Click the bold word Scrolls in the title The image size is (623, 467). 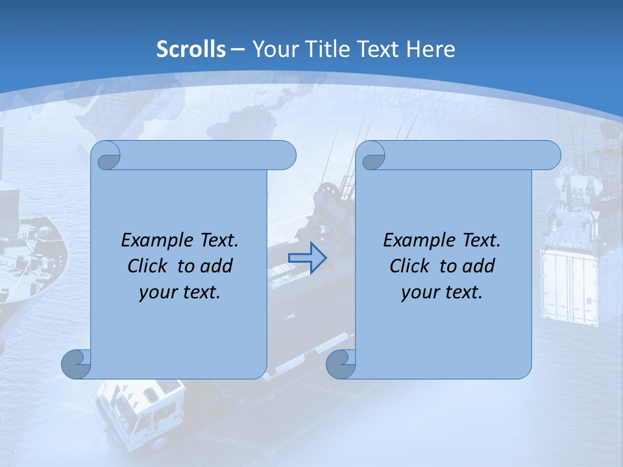(x=191, y=49)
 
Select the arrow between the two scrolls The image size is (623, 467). (x=307, y=258)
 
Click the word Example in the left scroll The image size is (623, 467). (x=154, y=241)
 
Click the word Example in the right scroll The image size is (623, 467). (x=417, y=241)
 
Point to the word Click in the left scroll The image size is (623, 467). (x=147, y=266)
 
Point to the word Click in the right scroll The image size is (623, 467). (x=409, y=266)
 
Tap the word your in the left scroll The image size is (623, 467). (x=156, y=293)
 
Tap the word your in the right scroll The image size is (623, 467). (x=418, y=293)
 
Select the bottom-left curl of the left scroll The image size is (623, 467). (x=77, y=364)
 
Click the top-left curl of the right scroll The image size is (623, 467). (x=372, y=156)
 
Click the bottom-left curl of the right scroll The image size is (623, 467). (x=341, y=364)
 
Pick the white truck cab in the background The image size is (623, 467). (x=140, y=412)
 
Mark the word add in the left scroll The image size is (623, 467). (x=217, y=266)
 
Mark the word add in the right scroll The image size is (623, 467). (x=479, y=266)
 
